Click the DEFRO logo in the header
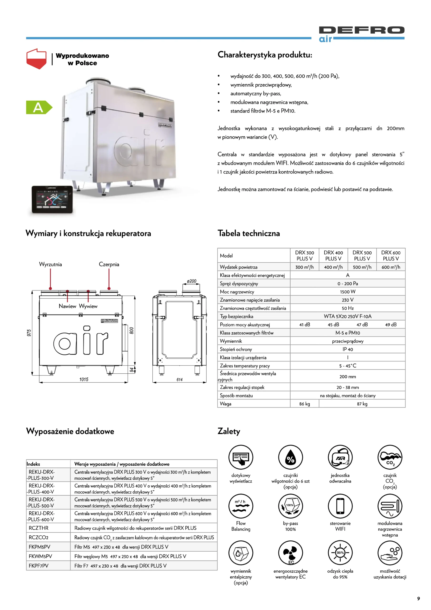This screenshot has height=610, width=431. click(x=362, y=33)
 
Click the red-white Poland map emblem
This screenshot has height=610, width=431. click(x=36, y=58)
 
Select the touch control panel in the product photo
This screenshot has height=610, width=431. click(x=52, y=199)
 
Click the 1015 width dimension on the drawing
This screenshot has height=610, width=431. click(x=84, y=379)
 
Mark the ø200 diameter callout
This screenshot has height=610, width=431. click(x=191, y=281)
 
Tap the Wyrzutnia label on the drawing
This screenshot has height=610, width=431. click(x=50, y=264)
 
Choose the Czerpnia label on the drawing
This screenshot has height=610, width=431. click(x=109, y=264)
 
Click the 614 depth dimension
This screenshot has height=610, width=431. click(x=179, y=380)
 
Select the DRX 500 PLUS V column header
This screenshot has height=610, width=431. click(x=362, y=256)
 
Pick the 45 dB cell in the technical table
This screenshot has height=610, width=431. click(x=333, y=325)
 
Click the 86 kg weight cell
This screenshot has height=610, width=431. click(x=304, y=404)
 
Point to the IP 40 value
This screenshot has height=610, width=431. click(x=348, y=349)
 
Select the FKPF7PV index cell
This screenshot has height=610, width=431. click(x=39, y=566)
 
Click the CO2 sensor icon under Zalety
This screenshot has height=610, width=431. click(x=390, y=457)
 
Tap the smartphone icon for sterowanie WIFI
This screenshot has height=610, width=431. click(x=340, y=506)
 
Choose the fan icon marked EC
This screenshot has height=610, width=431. click(x=290, y=553)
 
